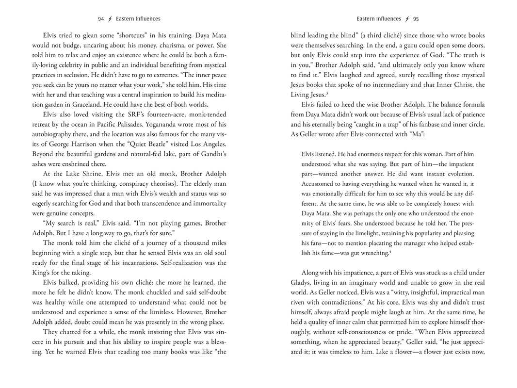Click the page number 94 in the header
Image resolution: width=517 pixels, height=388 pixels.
tap(101, 19)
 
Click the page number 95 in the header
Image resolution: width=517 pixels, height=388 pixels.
tap(416, 19)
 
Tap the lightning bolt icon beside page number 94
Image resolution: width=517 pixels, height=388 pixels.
tap(110, 19)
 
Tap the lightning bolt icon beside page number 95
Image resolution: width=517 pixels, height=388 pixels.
tap(406, 19)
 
